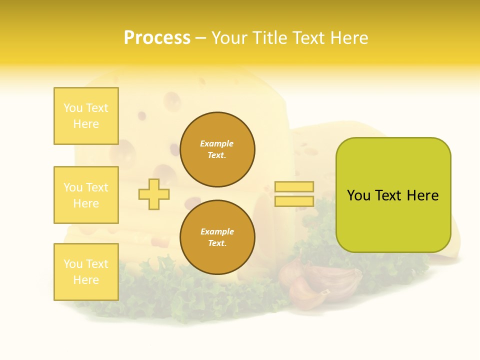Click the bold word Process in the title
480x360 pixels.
[157, 38]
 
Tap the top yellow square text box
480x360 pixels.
[86, 116]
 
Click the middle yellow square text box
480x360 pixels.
[86, 195]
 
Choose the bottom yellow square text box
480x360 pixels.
[86, 272]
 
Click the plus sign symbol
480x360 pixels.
[154, 194]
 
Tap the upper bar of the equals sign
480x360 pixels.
[294, 186]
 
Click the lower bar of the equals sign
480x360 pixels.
[294, 201]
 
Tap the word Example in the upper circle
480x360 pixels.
[217, 143]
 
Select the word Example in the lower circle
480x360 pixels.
[217, 231]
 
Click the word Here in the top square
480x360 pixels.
[86, 124]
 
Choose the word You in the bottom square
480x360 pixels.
[73, 264]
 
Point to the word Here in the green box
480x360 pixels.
[423, 195]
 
